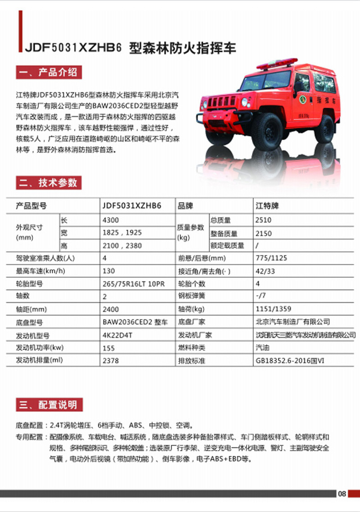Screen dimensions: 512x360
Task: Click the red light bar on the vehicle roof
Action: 277,63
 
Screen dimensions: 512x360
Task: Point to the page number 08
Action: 342,494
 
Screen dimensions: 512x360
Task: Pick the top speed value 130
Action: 109,271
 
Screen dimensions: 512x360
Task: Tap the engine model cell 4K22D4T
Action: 116,335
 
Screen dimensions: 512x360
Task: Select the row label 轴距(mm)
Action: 31,309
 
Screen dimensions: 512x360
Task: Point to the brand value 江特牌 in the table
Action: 267,206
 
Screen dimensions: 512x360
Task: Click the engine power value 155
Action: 109,348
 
